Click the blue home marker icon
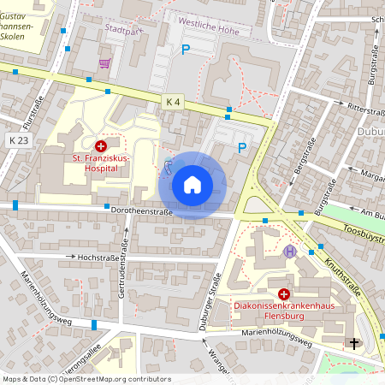click(x=192, y=185)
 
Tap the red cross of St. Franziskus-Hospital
click(x=101, y=146)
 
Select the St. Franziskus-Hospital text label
click(x=101, y=163)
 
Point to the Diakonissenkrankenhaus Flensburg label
click(x=282, y=309)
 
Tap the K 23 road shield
click(x=18, y=139)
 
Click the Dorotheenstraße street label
click(x=141, y=210)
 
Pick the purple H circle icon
click(x=291, y=252)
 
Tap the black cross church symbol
click(x=354, y=343)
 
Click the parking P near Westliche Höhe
click(x=185, y=50)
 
